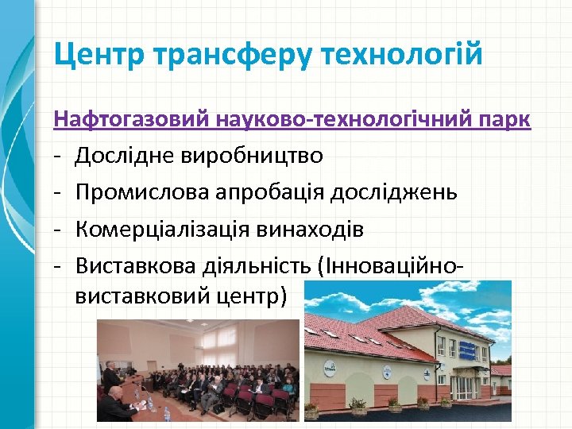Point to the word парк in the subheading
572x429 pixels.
(503, 121)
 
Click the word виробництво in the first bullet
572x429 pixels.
(262, 155)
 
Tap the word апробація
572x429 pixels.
(272, 193)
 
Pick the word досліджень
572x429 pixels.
(401, 193)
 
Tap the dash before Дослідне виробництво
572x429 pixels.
(58, 155)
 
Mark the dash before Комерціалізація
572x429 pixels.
(58, 230)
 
